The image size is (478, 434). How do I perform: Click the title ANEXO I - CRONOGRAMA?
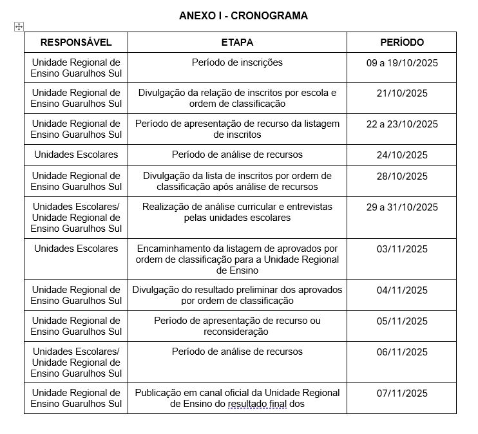pyautogui.click(x=244, y=15)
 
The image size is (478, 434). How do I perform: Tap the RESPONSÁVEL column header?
pyautogui.click(x=76, y=42)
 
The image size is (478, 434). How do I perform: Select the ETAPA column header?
pyautogui.click(x=237, y=42)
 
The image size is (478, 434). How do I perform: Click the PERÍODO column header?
pyautogui.click(x=402, y=42)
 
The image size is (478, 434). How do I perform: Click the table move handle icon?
pyautogui.click(x=19, y=26)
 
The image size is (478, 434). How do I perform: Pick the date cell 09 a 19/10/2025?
pyautogui.click(x=402, y=63)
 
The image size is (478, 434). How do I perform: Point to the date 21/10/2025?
pyautogui.click(x=402, y=93)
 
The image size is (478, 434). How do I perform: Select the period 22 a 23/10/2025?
pyautogui.click(x=402, y=124)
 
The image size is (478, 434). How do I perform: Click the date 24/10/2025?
pyautogui.click(x=402, y=155)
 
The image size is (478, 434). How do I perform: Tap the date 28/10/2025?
pyautogui.click(x=402, y=176)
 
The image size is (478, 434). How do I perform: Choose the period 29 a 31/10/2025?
pyautogui.click(x=402, y=207)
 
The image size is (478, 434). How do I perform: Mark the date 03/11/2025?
pyautogui.click(x=402, y=249)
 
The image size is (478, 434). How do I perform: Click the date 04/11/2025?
pyautogui.click(x=402, y=290)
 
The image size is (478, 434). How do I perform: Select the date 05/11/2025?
pyautogui.click(x=402, y=321)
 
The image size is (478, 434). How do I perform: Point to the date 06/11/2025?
pyautogui.click(x=402, y=352)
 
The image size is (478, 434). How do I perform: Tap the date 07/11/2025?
pyautogui.click(x=402, y=393)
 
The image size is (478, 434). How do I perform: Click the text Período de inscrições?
pyautogui.click(x=237, y=62)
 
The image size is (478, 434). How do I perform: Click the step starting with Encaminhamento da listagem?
pyautogui.click(x=237, y=259)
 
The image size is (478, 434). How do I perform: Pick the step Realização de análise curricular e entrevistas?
pyautogui.click(x=237, y=212)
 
